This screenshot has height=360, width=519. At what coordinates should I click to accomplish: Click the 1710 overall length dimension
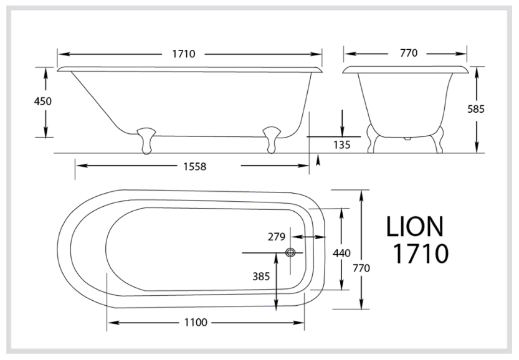(185, 54)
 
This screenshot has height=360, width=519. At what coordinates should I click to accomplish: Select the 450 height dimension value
(42, 102)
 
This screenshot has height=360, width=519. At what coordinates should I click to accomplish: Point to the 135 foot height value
(342, 144)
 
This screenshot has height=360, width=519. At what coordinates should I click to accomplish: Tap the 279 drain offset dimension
(276, 237)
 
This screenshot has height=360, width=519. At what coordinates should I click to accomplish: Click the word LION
(416, 227)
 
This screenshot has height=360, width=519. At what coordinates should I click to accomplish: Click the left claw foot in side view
(146, 138)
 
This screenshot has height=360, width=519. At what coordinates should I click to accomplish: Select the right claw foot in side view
(272, 138)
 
